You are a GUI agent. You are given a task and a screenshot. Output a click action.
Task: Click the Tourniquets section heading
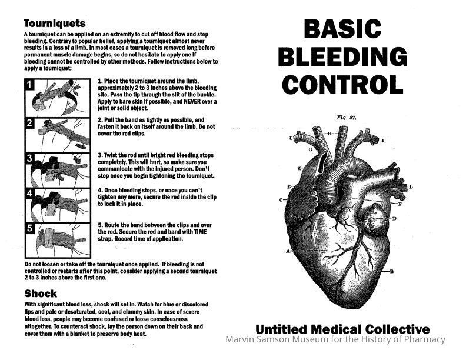coord(55,24)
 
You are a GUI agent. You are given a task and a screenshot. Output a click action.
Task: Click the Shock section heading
coord(41,294)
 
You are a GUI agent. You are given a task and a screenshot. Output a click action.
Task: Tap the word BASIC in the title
coord(342,28)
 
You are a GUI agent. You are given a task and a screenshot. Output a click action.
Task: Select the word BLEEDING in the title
coord(342,56)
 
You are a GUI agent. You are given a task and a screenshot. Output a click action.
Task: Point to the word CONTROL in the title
coord(342,84)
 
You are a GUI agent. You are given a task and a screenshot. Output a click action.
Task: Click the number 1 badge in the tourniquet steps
coord(29,84)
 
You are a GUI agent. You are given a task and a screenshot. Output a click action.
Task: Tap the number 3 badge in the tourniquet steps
coord(29,158)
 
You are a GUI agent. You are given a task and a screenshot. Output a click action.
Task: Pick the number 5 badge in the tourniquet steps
coord(29,228)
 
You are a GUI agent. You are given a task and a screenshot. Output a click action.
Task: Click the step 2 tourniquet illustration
coord(58,135)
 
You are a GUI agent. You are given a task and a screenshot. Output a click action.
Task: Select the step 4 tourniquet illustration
coord(58,205)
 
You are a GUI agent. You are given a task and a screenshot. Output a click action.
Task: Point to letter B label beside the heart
coord(392,271)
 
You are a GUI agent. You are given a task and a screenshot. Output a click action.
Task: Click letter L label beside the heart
coord(411,187)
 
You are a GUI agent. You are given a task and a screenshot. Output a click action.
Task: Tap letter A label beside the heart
coord(288,251)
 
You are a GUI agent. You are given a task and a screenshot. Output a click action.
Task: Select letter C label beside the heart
coord(281,200)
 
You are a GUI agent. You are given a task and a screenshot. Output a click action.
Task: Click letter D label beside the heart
coord(394,219)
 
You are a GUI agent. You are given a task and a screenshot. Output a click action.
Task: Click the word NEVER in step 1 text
coord(192,101)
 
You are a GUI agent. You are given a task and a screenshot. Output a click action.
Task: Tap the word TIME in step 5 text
coord(200,232)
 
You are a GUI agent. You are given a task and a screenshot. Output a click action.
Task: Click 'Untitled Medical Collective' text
coord(342,329)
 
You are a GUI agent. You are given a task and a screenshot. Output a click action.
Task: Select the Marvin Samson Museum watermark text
coord(335,339)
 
